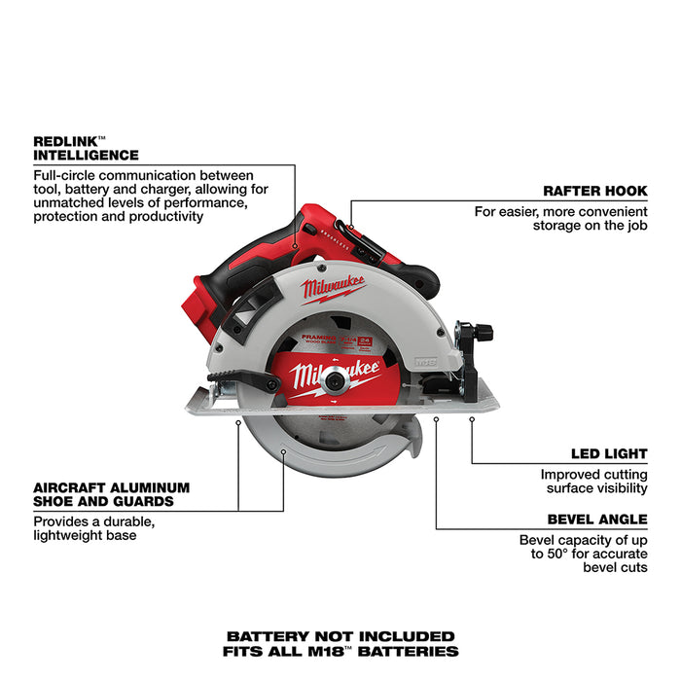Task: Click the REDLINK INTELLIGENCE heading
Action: coord(86,147)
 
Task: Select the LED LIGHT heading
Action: coord(608,453)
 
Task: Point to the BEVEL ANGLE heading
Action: coord(595,520)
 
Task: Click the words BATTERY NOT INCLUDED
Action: coord(340,635)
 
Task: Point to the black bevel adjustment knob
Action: coord(479,332)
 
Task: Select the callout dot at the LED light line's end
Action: coord(472,419)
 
